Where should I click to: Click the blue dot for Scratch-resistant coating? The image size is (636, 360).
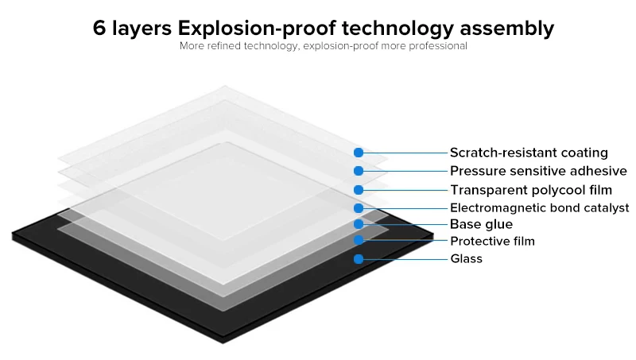pos(359,152)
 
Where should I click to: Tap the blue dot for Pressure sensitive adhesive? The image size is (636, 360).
pos(359,171)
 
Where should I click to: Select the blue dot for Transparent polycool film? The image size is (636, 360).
pos(359,190)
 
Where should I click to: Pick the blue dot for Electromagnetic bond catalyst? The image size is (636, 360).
pos(359,208)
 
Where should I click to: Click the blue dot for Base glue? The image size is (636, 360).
pos(359,224)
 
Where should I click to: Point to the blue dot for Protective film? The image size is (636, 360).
pos(359,240)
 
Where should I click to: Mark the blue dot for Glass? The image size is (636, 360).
pos(359,258)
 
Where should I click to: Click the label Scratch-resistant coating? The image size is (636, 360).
pos(529,153)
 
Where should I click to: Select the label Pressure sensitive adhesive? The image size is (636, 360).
pos(538,171)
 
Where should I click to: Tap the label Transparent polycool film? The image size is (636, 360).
pos(531,190)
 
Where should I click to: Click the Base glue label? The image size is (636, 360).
pos(481,224)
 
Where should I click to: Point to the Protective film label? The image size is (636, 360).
pos(492,241)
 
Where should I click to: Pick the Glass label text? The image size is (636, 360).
pos(466,258)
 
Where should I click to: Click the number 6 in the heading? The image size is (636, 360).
pos(99,29)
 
